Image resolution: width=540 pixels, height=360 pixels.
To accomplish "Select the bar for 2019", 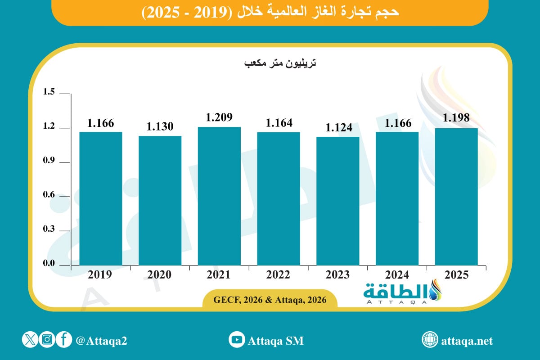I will (101, 198).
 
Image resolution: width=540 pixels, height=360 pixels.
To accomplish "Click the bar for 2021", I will (219, 196).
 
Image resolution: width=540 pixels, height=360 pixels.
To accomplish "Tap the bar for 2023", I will (337, 201).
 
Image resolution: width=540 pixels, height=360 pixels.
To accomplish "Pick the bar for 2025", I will (456, 197).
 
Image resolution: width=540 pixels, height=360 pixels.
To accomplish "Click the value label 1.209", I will (219, 117).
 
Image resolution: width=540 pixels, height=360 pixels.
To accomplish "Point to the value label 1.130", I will (160, 127).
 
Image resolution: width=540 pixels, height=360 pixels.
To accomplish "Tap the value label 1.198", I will (456, 118).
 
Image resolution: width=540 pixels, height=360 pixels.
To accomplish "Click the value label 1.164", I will (279, 122).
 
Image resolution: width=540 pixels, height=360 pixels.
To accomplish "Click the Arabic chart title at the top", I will (270, 12).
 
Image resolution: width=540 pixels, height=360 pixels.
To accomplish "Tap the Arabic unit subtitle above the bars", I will (280, 63).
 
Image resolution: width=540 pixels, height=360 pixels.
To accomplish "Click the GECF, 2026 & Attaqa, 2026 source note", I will (270, 300).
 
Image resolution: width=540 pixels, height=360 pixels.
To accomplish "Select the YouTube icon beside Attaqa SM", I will (237, 340).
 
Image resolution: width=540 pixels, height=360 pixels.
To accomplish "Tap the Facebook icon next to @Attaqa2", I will (64, 340).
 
